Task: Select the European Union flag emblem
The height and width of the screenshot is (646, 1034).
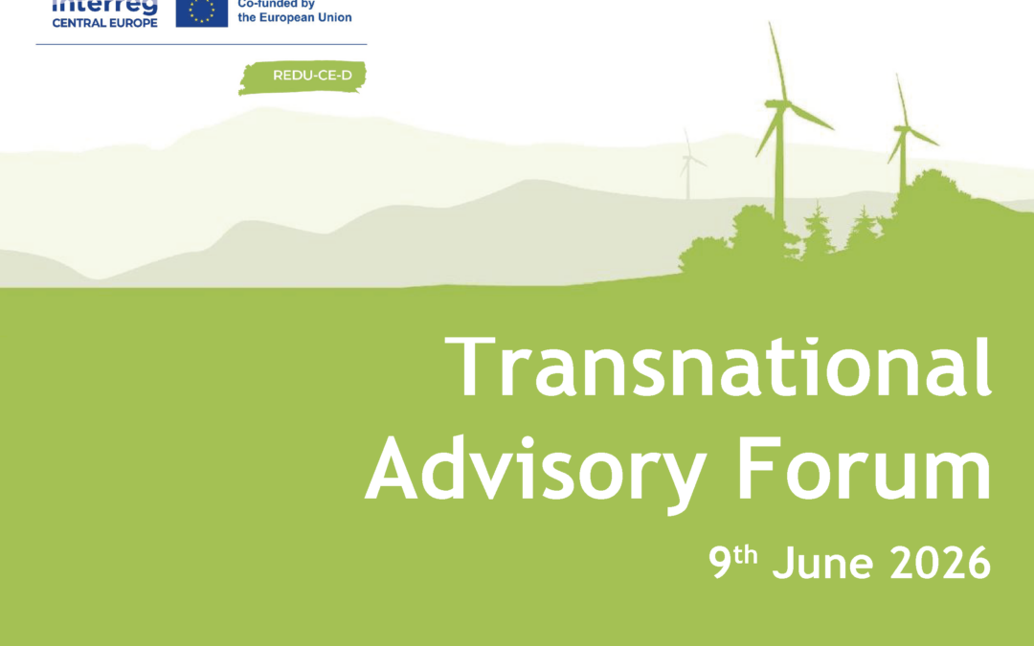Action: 202,11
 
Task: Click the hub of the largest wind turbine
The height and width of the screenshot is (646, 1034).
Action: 781,101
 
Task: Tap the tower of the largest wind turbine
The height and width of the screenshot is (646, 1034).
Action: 780,163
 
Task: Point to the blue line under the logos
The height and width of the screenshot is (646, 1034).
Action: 201,44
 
